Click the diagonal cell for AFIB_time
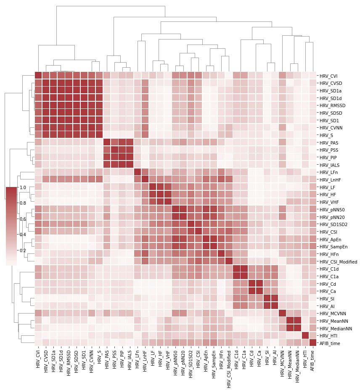pyautogui.click(x=312, y=343)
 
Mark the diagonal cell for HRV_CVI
pyautogui.click(x=38, y=76)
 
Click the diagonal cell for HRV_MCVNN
pyautogui.click(x=282, y=314)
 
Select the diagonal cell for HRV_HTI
pyautogui.click(x=305, y=336)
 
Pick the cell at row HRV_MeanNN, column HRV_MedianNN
pyautogui.click(x=297, y=321)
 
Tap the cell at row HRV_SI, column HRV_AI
pyautogui.click(x=275, y=299)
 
